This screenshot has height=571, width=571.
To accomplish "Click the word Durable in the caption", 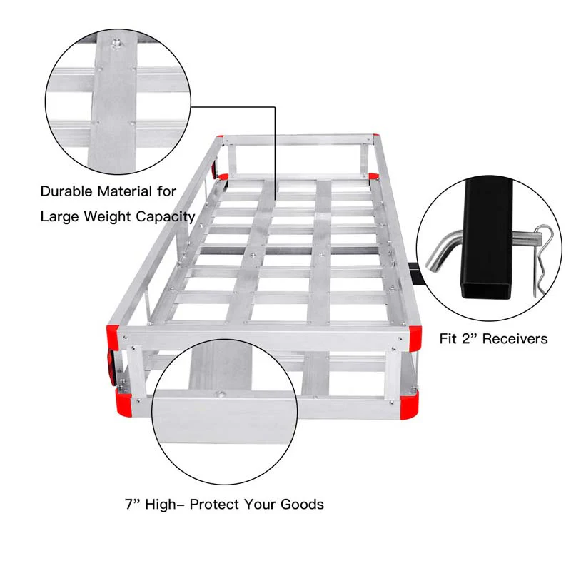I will tap(66, 191).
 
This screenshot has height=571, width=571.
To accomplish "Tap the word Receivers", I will tap(515, 338).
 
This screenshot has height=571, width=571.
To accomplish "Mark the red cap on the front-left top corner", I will tap(114, 330).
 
